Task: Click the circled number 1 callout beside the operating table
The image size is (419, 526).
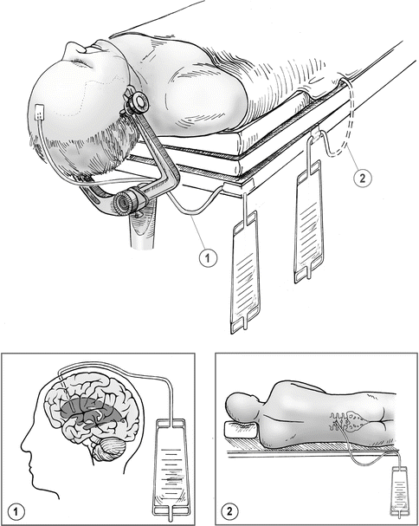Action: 208,258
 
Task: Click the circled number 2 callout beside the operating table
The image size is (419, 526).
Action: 363,178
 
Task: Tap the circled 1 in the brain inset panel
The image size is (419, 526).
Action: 15,512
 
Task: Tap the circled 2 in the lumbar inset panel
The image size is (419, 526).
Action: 229,511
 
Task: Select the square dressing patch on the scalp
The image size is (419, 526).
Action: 40,113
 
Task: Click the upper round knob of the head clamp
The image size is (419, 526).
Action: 138,101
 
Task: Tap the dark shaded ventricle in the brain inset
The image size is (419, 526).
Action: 92,413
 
